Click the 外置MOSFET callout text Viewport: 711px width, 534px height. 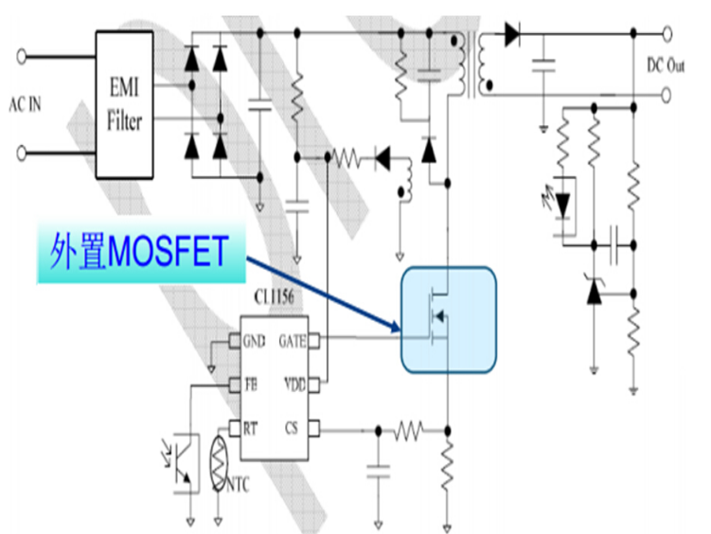[x=140, y=253]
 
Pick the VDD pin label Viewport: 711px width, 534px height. [x=293, y=385]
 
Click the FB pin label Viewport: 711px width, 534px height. [x=250, y=385]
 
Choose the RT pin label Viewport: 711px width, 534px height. [x=250, y=431]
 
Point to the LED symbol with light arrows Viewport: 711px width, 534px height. [x=563, y=201]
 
